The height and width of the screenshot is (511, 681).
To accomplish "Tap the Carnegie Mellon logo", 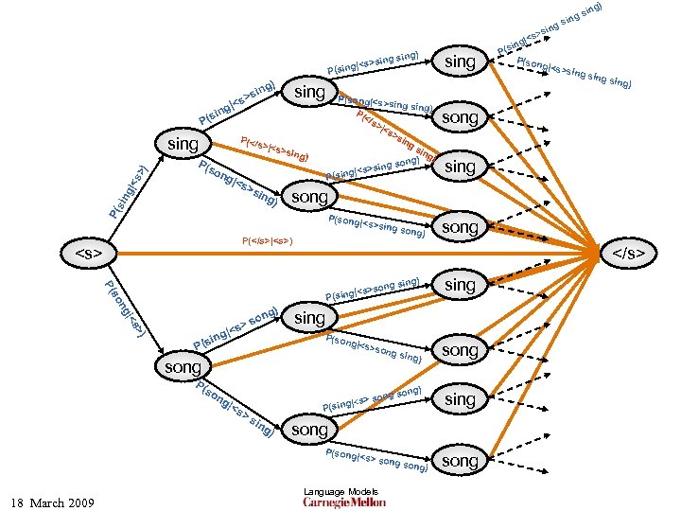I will [x=344, y=502].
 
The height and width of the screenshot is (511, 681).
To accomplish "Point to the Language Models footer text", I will [x=340, y=491].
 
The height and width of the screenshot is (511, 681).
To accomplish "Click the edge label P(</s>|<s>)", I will [x=268, y=240].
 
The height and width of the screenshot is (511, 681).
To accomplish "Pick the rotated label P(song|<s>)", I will [x=124, y=311].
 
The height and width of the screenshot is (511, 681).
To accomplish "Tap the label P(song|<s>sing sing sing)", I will [x=575, y=73].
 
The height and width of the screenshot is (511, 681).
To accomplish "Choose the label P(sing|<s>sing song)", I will [x=373, y=168].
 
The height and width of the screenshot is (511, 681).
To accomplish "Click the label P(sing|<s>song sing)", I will [x=373, y=284].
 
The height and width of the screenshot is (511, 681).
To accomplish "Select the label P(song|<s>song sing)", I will [x=373, y=349].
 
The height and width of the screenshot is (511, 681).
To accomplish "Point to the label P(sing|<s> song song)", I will [x=371, y=397].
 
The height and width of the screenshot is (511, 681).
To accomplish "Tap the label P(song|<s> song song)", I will [x=375, y=460].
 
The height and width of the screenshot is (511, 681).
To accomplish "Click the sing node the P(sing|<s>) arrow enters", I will [x=183, y=144].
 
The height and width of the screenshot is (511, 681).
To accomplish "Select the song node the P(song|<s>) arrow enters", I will [x=183, y=366].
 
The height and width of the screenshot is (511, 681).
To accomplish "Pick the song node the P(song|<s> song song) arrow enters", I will [x=461, y=461].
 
